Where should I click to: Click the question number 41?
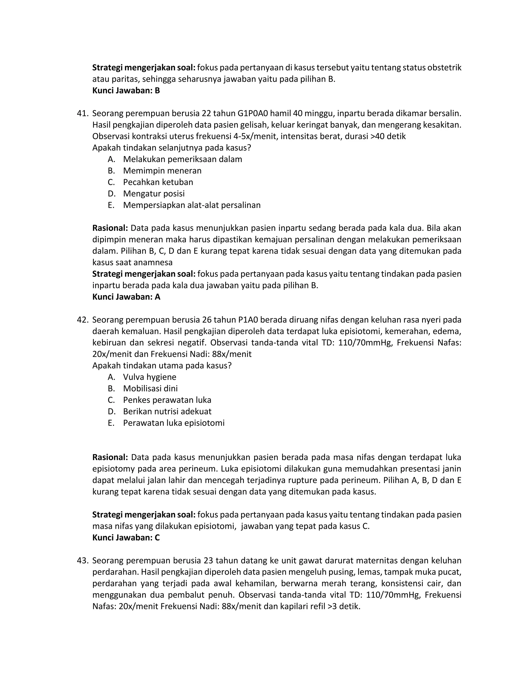(x=82, y=114)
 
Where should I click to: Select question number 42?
(x=82, y=320)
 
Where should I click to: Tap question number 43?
(x=82, y=560)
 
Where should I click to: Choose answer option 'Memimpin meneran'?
(x=162, y=171)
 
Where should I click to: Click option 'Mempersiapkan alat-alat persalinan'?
(x=192, y=205)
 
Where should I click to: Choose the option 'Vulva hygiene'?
(x=149, y=377)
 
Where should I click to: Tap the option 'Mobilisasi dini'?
(x=150, y=389)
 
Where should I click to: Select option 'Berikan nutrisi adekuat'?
(x=167, y=411)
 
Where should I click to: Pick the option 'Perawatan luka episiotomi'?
(x=173, y=423)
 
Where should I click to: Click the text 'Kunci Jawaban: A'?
(x=126, y=297)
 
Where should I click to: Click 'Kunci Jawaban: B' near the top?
(x=126, y=91)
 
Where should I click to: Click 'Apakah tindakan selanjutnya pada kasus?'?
(x=171, y=148)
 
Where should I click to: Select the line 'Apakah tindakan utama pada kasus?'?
(x=162, y=366)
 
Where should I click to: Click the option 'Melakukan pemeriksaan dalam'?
(x=183, y=159)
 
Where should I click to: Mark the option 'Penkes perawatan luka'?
(x=167, y=400)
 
